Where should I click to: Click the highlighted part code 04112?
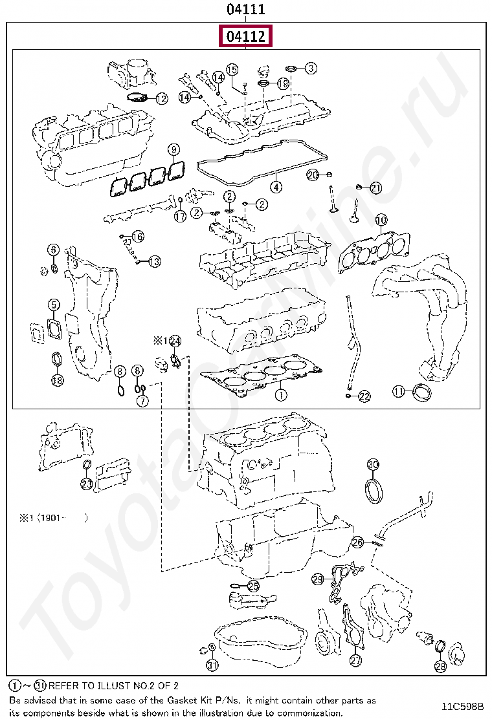click(x=246, y=37)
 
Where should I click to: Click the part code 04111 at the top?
click(x=246, y=10)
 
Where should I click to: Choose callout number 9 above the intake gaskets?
click(x=173, y=150)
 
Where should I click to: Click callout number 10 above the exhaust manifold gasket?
click(x=381, y=220)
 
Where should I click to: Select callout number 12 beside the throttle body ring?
click(x=161, y=99)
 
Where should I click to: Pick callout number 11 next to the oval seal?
click(x=399, y=391)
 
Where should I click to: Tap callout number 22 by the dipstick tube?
click(x=364, y=396)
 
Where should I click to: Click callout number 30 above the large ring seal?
click(x=373, y=464)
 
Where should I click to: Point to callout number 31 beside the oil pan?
click(x=212, y=665)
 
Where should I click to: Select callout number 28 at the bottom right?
click(x=440, y=665)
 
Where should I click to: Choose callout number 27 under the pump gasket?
click(x=355, y=661)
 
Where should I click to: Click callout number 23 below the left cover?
click(x=87, y=483)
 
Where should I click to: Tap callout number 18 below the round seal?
click(x=58, y=380)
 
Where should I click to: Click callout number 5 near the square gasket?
click(x=54, y=305)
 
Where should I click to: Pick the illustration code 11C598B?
click(x=463, y=705)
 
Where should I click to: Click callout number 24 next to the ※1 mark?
click(x=175, y=341)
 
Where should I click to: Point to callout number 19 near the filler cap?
click(x=283, y=83)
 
